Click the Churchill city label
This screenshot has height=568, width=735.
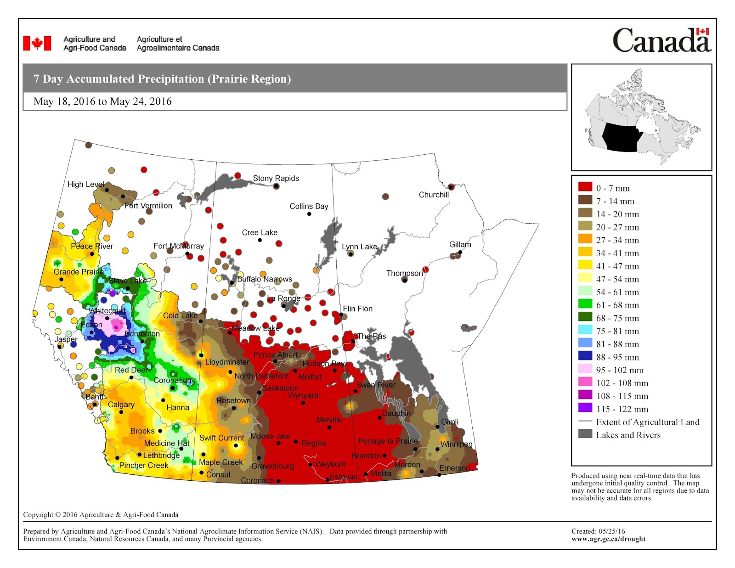pyautogui.click(x=433, y=195)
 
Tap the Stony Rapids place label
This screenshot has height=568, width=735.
pyautogui.click(x=276, y=178)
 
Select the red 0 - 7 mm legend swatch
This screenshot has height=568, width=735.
pyautogui.click(x=585, y=187)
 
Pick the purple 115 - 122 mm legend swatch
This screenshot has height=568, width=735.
pyautogui.click(x=585, y=408)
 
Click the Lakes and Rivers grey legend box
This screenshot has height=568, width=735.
pyautogui.click(x=585, y=434)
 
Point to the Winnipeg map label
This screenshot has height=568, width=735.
pyautogui.click(x=456, y=444)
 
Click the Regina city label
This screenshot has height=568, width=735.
pyautogui.click(x=313, y=443)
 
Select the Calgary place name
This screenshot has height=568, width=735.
pyautogui.click(x=121, y=405)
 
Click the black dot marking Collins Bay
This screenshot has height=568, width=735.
pyautogui.click(x=309, y=214)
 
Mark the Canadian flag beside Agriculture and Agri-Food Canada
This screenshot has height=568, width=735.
pyautogui.click(x=37, y=44)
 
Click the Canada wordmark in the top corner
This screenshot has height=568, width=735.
pyautogui.click(x=661, y=40)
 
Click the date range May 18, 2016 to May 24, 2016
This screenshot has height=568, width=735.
pyautogui.click(x=102, y=101)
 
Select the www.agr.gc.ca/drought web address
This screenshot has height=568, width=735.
pyautogui.click(x=608, y=539)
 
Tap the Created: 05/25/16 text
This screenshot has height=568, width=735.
pyautogui.click(x=598, y=531)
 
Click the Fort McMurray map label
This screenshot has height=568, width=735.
pyautogui.click(x=178, y=246)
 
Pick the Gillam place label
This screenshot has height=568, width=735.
pyautogui.click(x=460, y=244)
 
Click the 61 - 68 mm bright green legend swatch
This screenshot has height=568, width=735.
pyautogui.click(x=585, y=304)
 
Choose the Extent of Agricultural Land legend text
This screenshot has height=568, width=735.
pyautogui.click(x=647, y=422)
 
